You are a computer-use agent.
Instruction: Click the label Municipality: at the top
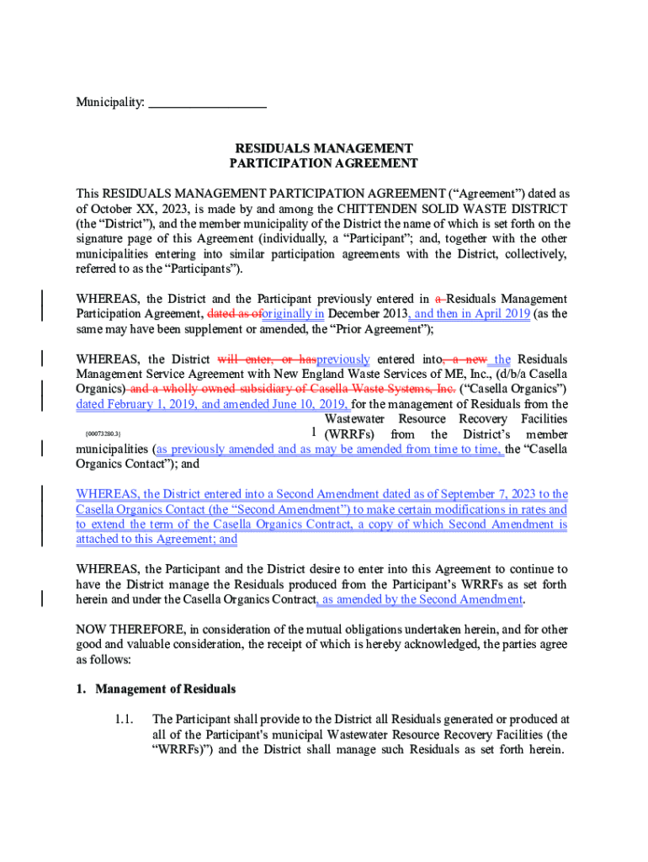coord(110,104)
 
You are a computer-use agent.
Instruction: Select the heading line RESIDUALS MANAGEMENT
coord(323,148)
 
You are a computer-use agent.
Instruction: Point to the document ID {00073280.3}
coord(105,435)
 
